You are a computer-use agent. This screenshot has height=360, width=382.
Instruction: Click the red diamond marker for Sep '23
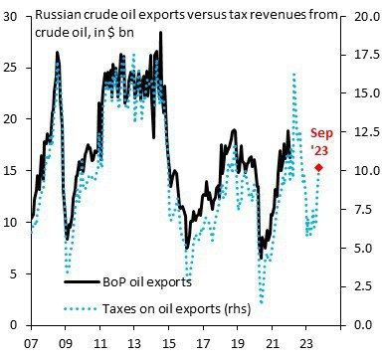(x=318, y=167)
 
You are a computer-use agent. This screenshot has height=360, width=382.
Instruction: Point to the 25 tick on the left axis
(x=14, y=67)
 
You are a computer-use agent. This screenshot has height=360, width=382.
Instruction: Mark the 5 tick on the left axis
(x=17, y=273)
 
